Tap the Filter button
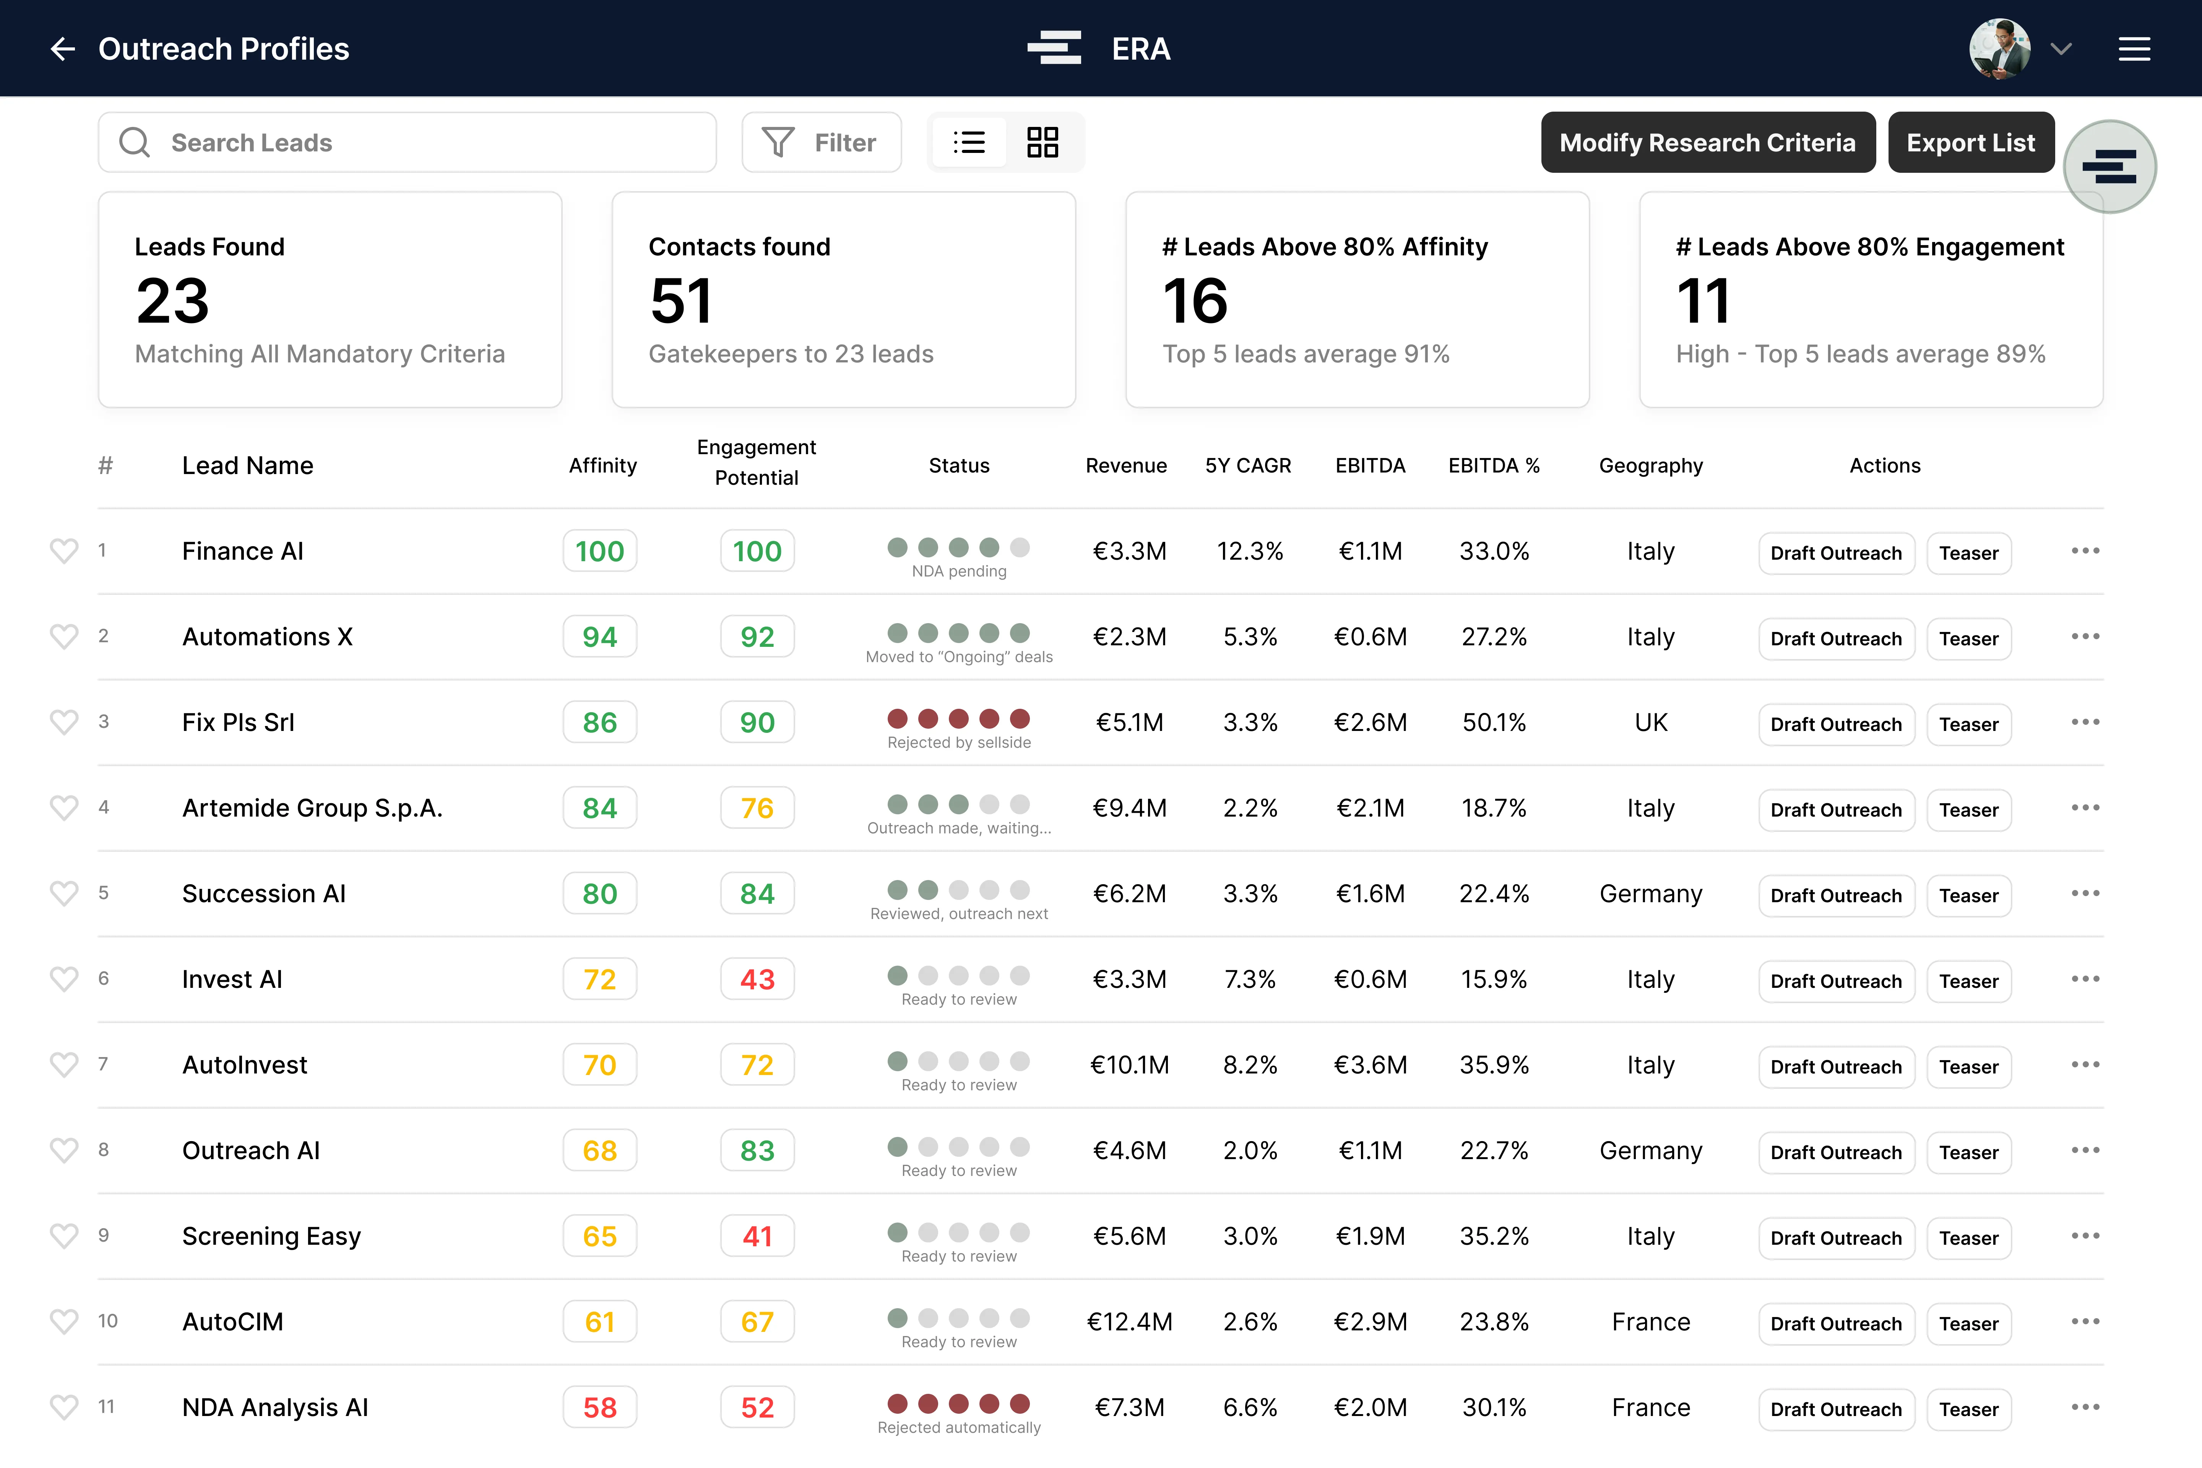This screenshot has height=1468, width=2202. click(x=821, y=142)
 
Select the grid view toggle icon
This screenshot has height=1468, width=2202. click(x=1042, y=142)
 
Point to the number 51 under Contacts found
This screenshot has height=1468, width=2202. click(x=680, y=302)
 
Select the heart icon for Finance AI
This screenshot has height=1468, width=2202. click(x=64, y=550)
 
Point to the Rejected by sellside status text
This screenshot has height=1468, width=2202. click(x=959, y=742)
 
